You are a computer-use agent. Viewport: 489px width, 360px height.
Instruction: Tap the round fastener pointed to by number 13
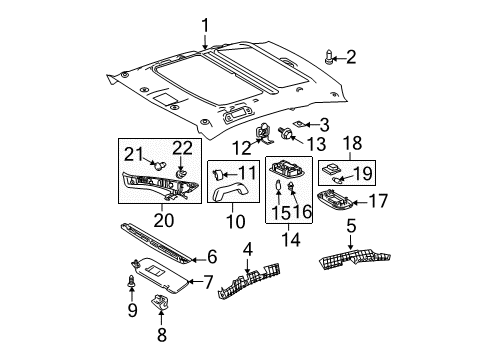pos(287,131)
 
